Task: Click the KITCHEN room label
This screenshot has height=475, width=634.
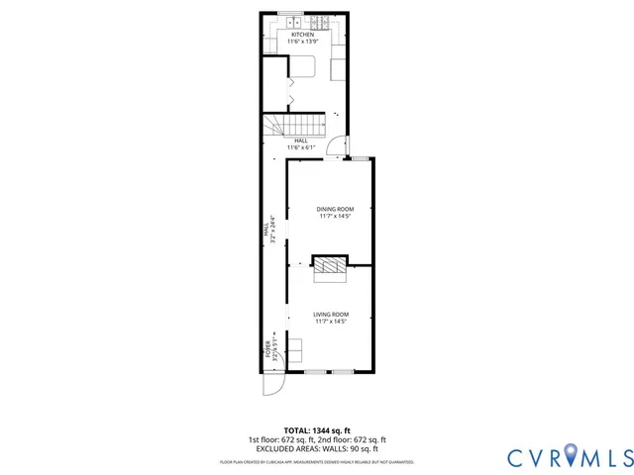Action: pos(302,35)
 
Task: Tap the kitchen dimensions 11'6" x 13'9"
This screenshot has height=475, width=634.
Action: pos(302,42)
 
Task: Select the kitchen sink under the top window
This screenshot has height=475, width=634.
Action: pos(291,23)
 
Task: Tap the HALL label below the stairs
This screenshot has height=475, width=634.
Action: pos(301,141)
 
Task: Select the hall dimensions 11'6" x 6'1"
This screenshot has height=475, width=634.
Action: pos(301,147)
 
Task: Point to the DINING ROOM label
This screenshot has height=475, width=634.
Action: pos(335,209)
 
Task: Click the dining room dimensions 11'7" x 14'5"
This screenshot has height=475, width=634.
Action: pos(335,216)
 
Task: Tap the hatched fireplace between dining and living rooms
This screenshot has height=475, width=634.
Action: pos(331,264)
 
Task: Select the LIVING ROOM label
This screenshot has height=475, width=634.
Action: pos(332,314)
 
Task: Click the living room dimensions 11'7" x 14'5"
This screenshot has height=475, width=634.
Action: pos(332,321)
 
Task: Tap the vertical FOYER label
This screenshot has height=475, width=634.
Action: pos(266,348)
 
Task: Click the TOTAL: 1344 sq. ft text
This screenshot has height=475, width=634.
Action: pos(317,430)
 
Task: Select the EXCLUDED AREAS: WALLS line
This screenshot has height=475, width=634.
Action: pos(317,448)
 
